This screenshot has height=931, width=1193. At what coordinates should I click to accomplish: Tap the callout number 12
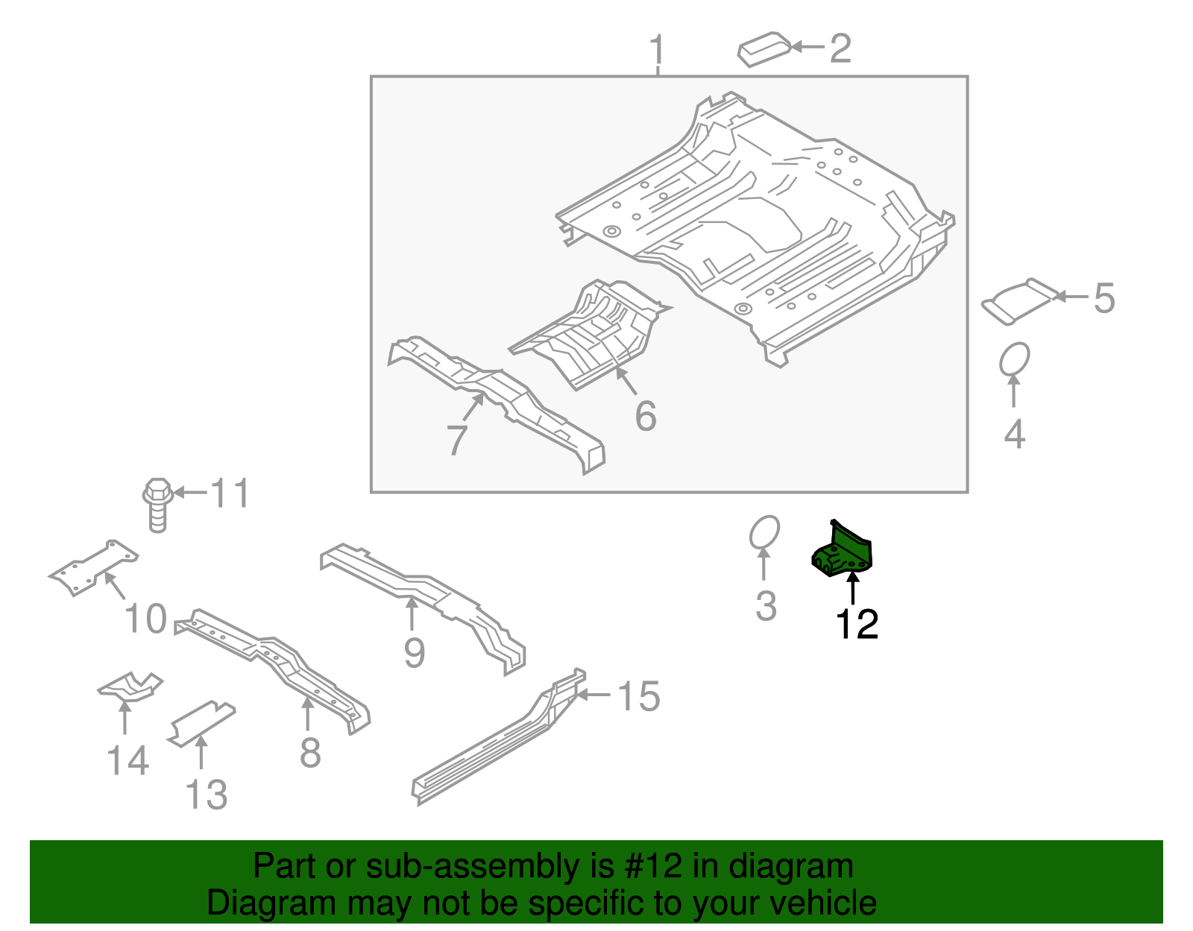coord(857,625)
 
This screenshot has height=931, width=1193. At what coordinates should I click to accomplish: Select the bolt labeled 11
coord(157,505)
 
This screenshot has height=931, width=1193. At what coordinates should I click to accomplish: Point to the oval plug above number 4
coord(1014,359)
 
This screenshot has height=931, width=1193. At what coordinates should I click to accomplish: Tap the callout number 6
coord(646,416)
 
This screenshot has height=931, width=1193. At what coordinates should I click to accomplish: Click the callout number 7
coord(456,440)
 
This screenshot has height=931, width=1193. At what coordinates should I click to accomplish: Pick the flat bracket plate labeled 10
coord(93,567)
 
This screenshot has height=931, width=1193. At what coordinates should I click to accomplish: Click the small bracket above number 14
coord(130,687)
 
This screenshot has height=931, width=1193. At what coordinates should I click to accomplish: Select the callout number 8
coord(310,753)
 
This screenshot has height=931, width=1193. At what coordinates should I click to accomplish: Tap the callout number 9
coord(414,653)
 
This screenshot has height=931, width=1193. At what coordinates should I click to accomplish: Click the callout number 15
coord(639,697)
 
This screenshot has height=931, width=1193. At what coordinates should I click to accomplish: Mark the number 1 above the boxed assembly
coord(656,51)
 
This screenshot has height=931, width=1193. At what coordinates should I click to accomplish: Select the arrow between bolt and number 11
coord(189,493)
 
